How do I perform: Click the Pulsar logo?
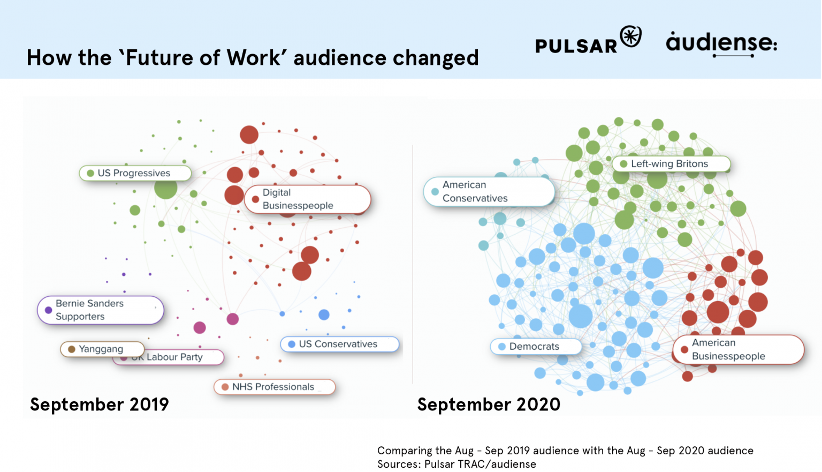588,41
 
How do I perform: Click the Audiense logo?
721,43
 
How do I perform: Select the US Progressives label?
135,173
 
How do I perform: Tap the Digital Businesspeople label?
307,199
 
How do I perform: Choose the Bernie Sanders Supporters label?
100,310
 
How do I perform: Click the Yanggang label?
102,349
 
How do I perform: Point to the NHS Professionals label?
274,387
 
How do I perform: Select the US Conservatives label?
339,344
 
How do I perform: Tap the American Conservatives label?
489,191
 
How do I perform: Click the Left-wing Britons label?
671,164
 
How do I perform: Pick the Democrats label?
535,347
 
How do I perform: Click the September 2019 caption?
100,404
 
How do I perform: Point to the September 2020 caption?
489,404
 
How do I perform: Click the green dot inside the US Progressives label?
90,173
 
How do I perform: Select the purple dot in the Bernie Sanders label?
48,310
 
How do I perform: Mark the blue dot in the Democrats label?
502,347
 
